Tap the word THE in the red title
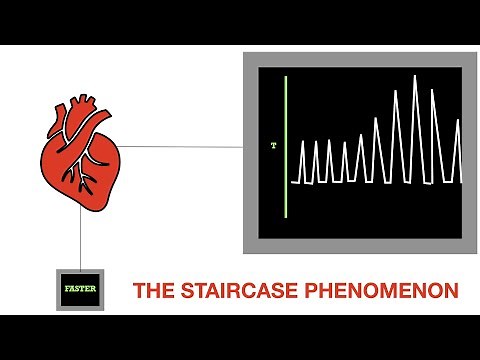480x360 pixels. tap(151, 291)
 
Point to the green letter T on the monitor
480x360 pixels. tap(273, 146)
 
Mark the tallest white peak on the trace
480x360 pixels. tap(415, 77)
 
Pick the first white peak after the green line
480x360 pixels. tap(303, 143)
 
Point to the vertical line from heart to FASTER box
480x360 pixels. tap(80, 240)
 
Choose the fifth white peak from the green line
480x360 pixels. tap(361, 137)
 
